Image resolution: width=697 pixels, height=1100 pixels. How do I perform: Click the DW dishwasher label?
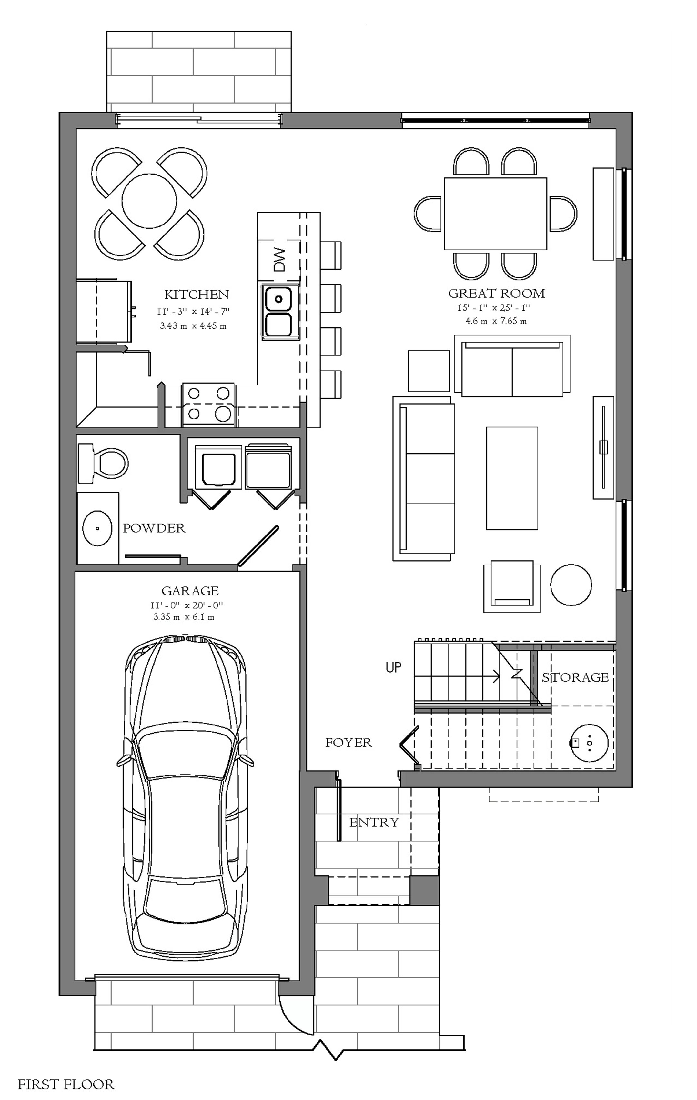279,259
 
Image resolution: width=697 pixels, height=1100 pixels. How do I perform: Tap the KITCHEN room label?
197,294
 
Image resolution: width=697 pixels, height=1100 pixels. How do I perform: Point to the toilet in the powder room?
103,463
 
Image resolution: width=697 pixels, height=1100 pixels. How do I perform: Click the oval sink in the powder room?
97,528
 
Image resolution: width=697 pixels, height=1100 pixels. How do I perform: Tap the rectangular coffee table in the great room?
512,478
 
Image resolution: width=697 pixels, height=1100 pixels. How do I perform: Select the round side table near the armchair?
571,585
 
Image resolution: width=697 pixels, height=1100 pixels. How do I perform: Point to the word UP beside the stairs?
394,668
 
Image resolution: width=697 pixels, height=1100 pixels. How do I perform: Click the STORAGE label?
575,677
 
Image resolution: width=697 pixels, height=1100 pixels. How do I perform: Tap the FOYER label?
348,743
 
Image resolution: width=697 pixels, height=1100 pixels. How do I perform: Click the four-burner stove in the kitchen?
209,405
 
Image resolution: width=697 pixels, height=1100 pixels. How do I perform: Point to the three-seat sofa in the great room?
423,478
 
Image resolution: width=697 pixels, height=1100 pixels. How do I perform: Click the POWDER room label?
154,528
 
